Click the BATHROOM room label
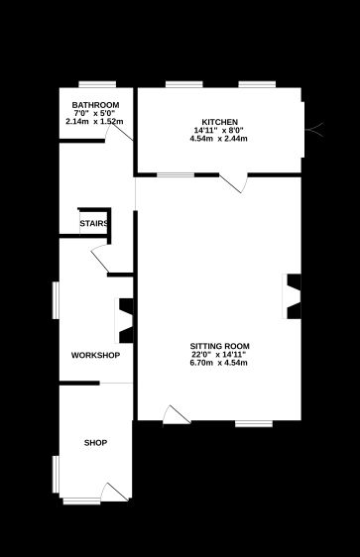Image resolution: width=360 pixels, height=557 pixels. click(x=95, y=106)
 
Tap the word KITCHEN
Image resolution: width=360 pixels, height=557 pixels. click(x=218, y=122)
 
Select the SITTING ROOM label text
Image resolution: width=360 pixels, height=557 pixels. click(x=219, y=346)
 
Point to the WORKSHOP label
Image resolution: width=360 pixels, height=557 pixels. click(x=95, y=355)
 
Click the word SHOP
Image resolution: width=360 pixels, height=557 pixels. click(x=95, y=442)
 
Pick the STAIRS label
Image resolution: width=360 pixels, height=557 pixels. click(x=94, y=224)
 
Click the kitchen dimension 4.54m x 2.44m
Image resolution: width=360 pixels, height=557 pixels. click(x=218, y=138)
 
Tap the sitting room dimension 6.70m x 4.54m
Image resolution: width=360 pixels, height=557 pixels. click(x=219, y=363)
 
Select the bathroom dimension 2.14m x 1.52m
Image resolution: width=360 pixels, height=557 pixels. click(x=95, y=121)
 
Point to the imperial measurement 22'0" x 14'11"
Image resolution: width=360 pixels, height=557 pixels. click(x=219, y=355)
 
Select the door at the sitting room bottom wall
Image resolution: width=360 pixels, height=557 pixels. click(x=175, y=415)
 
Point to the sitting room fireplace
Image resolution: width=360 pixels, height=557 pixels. click(x=294, y=296)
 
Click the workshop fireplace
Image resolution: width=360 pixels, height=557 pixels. click(x=126, y=318)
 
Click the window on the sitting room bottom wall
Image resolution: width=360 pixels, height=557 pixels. click(x=253, y=424)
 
